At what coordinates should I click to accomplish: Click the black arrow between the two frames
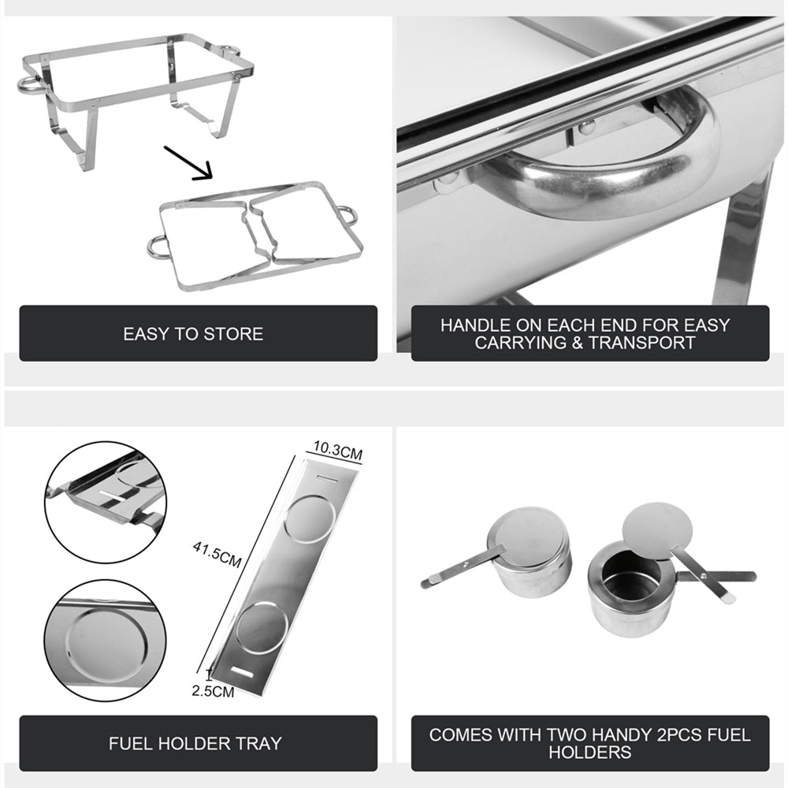pyautogui.click(x=189, y=162)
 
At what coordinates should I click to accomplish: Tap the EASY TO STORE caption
pyautogui.click(x=193, y=333)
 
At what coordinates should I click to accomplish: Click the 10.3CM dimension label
pyautogui.click(x=337, y=453)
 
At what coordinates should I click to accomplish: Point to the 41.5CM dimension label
pyautogui.click(x=217, y=551)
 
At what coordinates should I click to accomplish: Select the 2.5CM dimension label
pyautogui.click(x=213, y=692)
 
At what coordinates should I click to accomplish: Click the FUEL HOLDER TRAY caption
pyautogui.click(x=195, y=743)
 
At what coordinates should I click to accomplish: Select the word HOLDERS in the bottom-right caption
pyautogui.click(x=589, y=752)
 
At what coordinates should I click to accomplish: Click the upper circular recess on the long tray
pyautogui.click(x=310, y=519)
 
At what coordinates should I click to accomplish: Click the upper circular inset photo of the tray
pyautogui.click(x=105, y=502)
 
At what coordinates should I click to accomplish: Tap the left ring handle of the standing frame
pyautogui.click(x=28, y=83)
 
